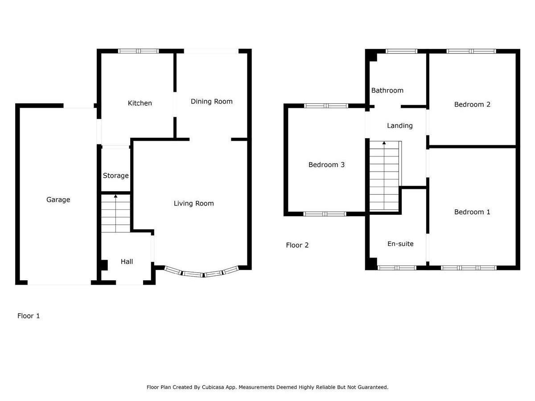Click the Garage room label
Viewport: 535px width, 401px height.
(x=58, y=200)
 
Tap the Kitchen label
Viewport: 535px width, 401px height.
(x=140, y=103)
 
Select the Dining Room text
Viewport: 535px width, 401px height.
(x=211, y=102)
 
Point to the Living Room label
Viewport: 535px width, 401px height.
(x=193, y=204)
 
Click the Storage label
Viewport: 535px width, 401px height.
(x=115, y=176)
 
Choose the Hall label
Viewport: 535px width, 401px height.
(x=127, y=262)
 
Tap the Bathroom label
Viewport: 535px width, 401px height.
(x=387, y=90)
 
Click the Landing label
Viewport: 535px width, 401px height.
(x=399, y=126)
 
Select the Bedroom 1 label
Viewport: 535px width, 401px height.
(x=472, y=212)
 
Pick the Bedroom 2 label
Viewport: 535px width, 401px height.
(x=472, y=105)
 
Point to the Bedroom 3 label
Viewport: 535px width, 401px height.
(x=326, y=165)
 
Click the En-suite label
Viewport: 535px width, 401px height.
(x=400, y=244)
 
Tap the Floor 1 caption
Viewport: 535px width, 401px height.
(x=28, y=316)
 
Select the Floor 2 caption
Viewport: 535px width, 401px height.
(x=297, y=245)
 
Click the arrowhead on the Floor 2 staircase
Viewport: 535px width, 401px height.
(x=384, y=143)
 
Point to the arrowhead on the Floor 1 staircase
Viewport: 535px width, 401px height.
(x=115, y=196)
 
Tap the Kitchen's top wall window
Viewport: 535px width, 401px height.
(x=139, y=51)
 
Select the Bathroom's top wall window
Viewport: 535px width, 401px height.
(x=401, y=51)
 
